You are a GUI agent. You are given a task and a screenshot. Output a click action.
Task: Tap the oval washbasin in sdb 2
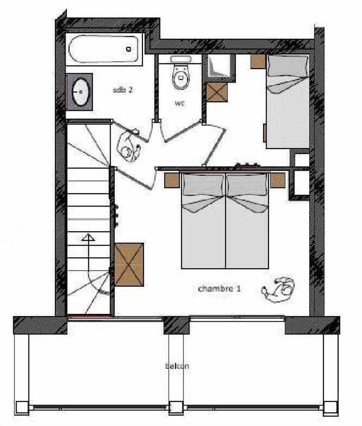tap(80, 92)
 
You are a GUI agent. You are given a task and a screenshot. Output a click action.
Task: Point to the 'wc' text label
tap(180, 103)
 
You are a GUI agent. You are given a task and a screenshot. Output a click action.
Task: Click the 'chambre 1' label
tap(219, 289)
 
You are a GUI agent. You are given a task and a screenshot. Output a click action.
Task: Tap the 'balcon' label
tap(177, 366)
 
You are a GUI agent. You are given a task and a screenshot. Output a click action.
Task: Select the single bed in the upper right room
tap(287, 102)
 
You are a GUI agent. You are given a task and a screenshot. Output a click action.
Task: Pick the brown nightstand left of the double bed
tap(172, 180)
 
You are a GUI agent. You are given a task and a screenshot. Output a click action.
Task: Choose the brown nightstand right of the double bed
tap(277, 180)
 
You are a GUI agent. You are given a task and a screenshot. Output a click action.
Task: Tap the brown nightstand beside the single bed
tap(258, 61)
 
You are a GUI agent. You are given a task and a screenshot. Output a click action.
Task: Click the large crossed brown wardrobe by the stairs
tap(129, 264)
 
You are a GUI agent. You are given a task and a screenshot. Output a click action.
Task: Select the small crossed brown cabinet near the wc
tap(217, 92)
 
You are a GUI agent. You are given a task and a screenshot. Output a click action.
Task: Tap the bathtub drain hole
tap(129, 49)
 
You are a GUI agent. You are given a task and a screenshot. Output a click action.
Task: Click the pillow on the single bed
tap(287, 66)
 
